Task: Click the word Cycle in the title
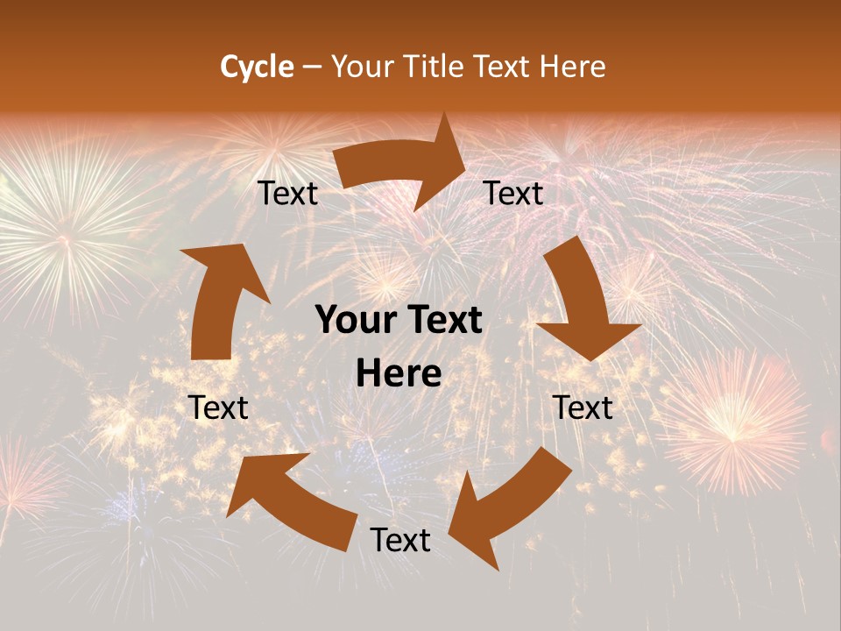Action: (257, 67)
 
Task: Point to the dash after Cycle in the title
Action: (312, 67)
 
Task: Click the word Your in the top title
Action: (363, 67)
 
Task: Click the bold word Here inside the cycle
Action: (399, 374)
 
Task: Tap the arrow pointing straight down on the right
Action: (583, 302)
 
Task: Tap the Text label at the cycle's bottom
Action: (400, 541)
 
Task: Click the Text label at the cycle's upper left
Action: (287, 194)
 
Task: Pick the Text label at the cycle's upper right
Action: (513, 194)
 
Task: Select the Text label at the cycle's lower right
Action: (583, 408)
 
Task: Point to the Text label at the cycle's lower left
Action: (218, 408)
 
